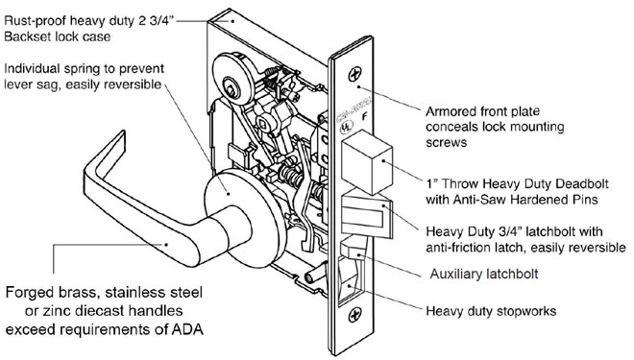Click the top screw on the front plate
(355, 74)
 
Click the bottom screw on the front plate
(355, 314)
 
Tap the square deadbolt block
(367, 162)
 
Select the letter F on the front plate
(364, 117)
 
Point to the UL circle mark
(346, 127)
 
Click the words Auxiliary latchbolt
(484, 274)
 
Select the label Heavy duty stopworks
(491, 311)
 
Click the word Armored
(451, 111)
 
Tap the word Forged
(26, 293)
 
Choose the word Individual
(32, 68)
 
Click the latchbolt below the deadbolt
(367, 217)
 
